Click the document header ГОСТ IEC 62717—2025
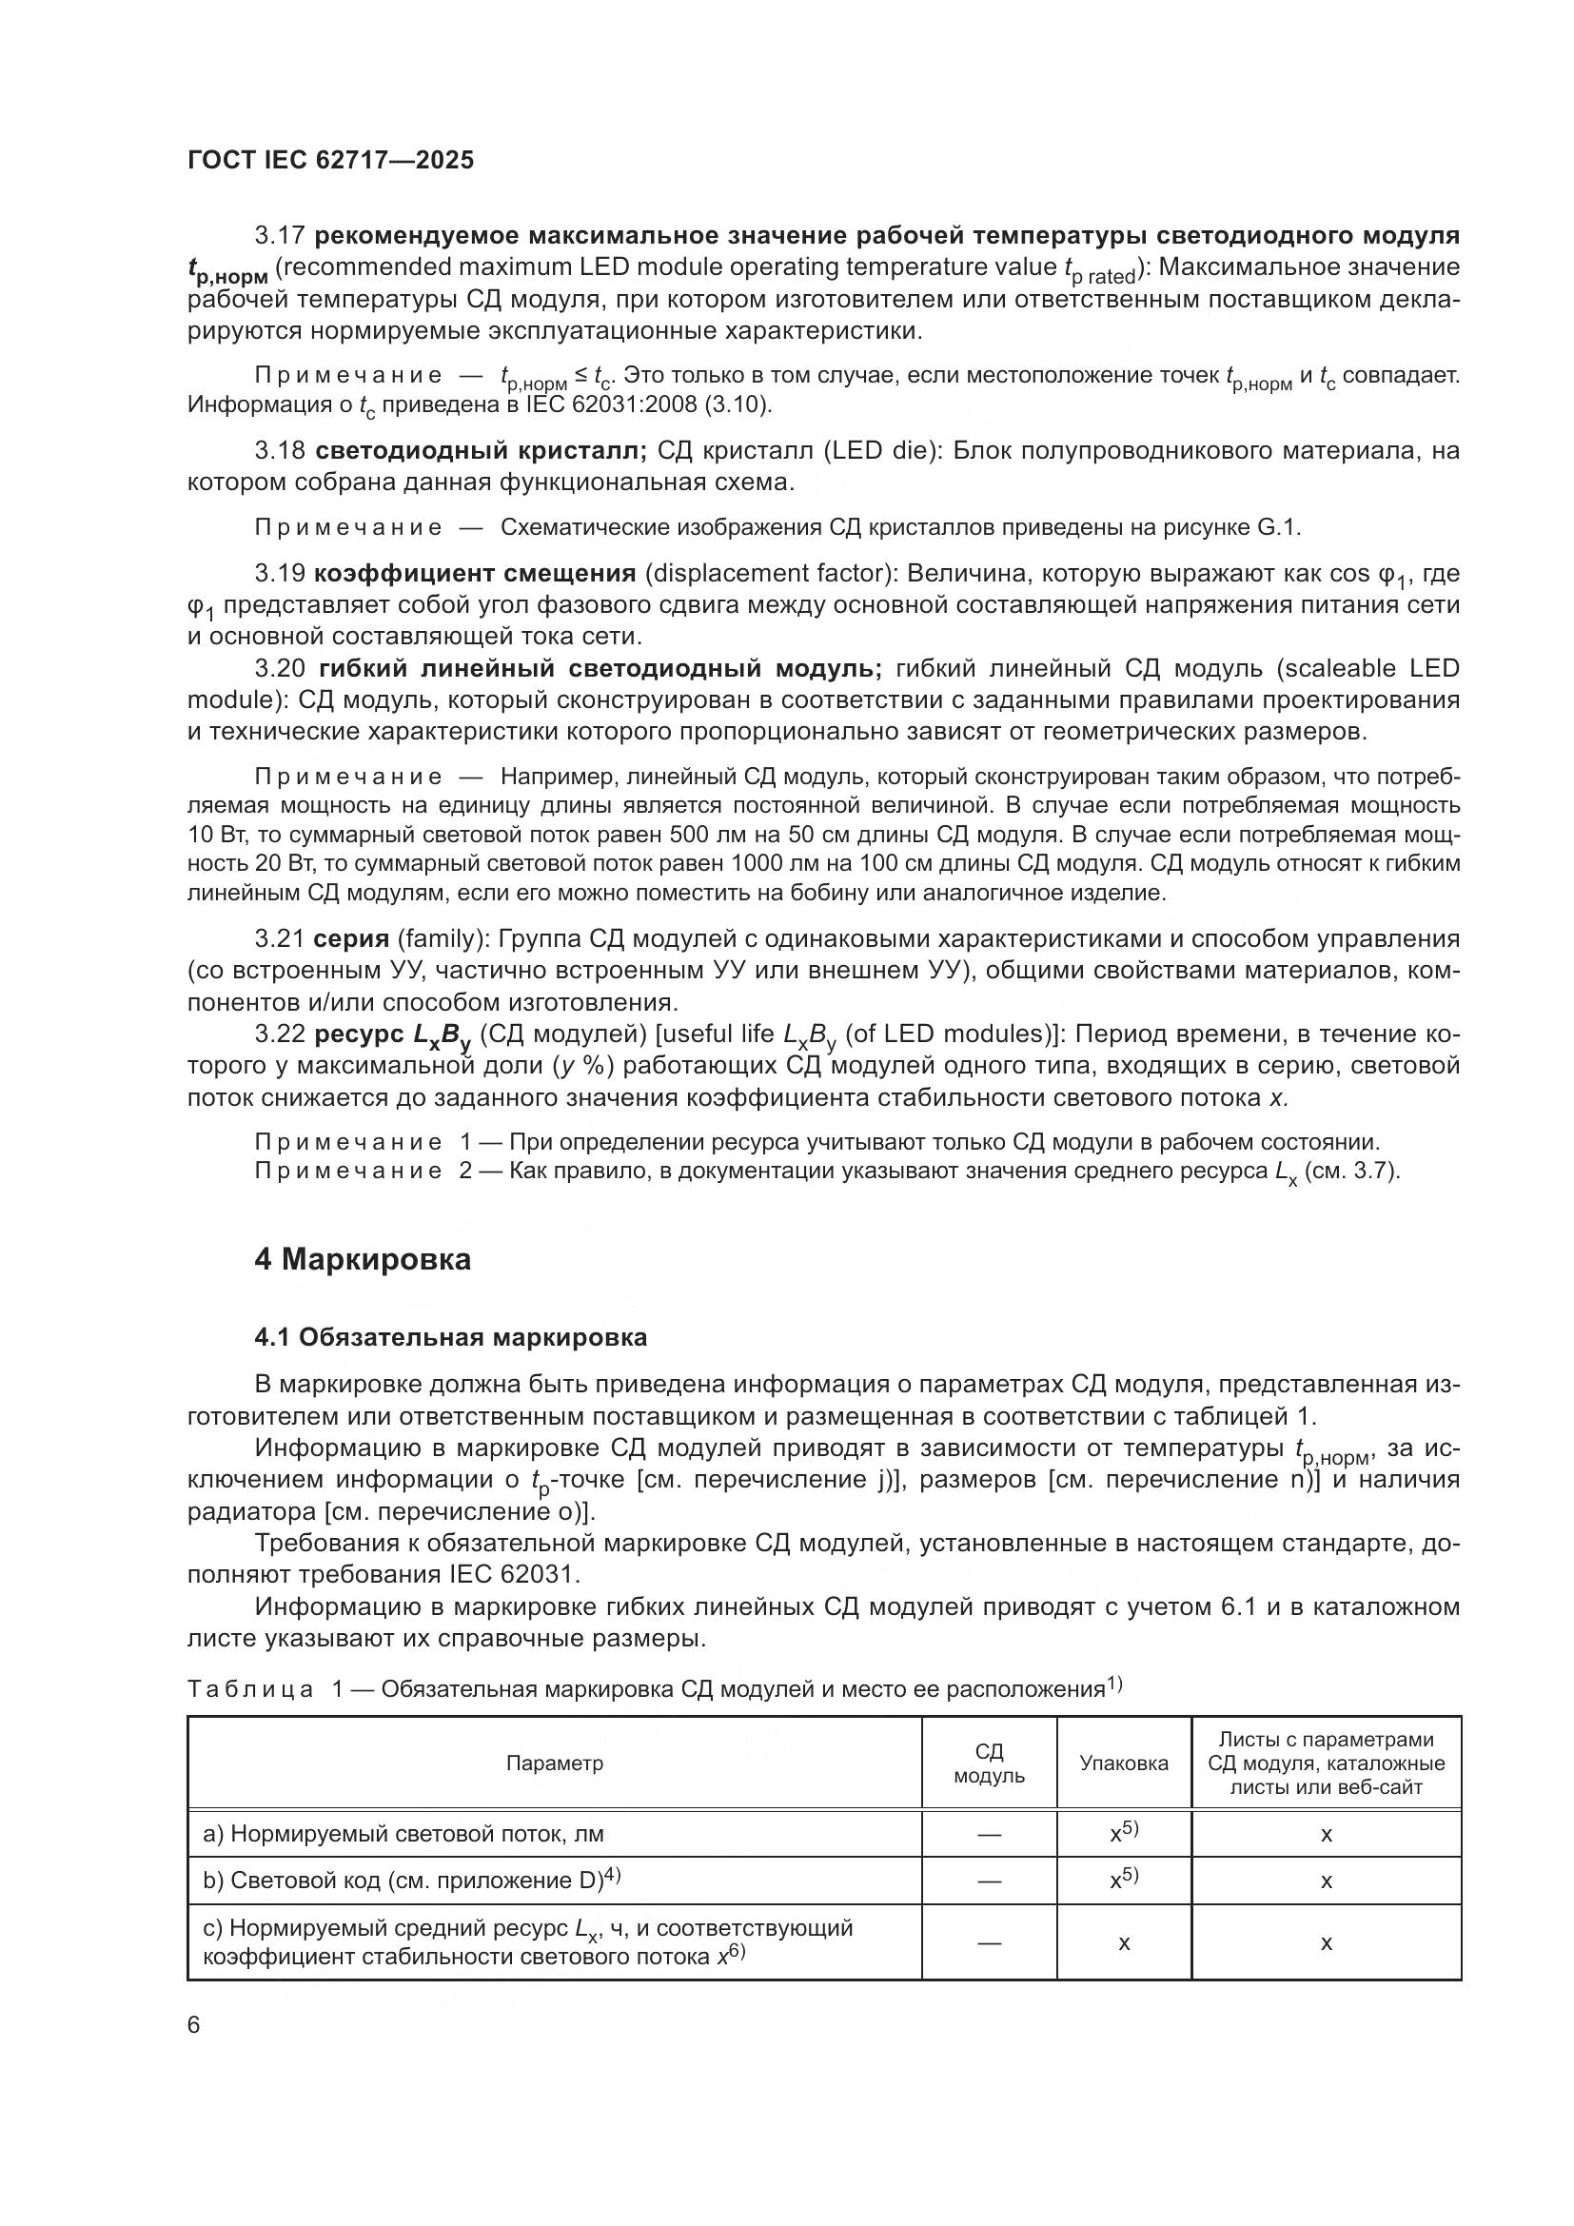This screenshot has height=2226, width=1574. [330, 161]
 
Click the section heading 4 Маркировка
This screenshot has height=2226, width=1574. [363, 1259]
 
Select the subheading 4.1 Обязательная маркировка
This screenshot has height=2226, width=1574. [451, 1338]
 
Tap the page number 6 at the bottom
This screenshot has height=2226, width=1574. [194, 2024]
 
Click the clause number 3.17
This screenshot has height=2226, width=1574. [280, 236]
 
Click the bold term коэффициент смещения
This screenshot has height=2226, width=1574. [475, 574]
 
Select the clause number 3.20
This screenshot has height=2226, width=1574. [280, 669]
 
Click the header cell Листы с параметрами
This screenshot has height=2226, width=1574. [1325, 1741]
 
